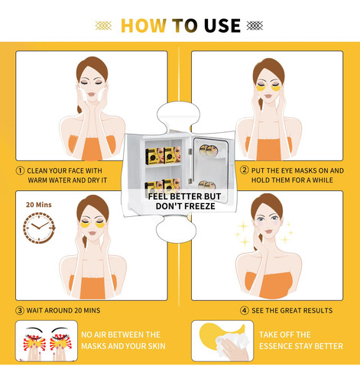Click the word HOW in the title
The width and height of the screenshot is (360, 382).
coord(144,26)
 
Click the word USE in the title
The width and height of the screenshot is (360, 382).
coord(222,26)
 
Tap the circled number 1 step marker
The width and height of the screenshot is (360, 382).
coord(20,170)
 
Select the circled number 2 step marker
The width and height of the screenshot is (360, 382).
coord(245,170)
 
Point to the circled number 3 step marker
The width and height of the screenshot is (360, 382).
coord(20,310)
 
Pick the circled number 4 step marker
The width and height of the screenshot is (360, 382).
coord(245,310)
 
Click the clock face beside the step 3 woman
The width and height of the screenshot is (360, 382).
coord(39,228)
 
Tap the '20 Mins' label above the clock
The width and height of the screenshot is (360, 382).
coord(39,205)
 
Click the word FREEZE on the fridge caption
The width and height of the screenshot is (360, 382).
coord(199,206)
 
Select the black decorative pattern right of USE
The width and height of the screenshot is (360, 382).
coord(255,26)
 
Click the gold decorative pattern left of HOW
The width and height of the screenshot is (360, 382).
coord(103,26)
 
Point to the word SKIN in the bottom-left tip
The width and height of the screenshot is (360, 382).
coord(156,346)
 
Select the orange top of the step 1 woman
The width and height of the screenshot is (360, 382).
coord(92,148)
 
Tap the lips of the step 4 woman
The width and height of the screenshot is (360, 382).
coord(268,231)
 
